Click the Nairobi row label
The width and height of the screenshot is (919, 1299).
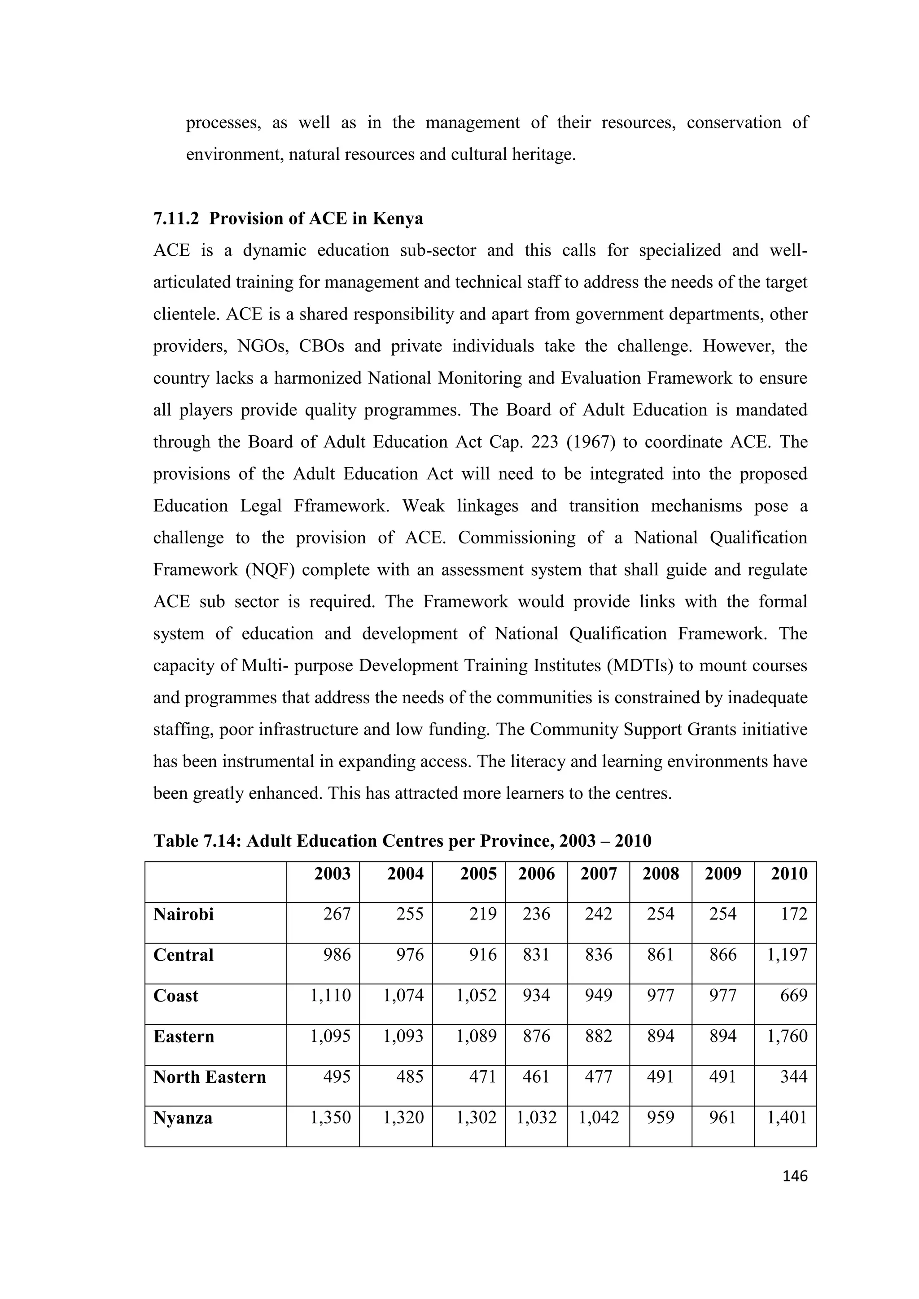[184, 914]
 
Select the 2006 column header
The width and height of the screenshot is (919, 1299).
[536, 874]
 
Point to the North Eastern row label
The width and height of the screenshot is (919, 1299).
[210, 1077]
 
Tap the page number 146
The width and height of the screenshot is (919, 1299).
[795, 1176]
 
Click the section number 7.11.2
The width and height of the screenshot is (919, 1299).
[176, 219]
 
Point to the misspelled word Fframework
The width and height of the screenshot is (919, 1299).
[341, 506]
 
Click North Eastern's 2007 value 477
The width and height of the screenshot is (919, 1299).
[598, 1077]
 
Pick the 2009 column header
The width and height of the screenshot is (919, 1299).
[722, 874]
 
